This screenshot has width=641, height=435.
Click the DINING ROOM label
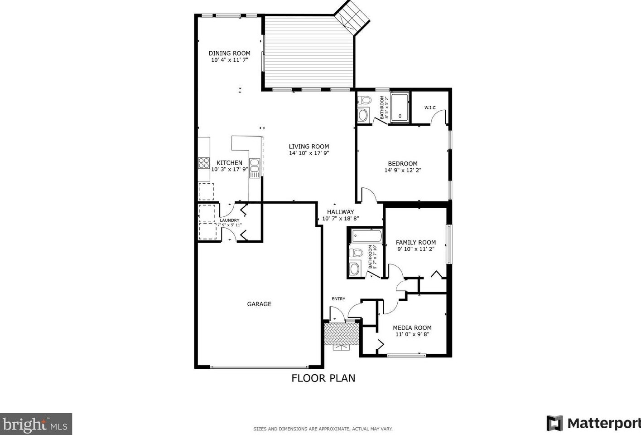(x=229, y=53)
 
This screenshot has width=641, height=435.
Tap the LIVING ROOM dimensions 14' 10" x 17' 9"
(x=309, y=153)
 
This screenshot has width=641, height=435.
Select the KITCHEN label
(x=229, y=163)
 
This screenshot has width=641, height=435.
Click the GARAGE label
(x=259, y=304)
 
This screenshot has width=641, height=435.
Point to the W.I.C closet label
(x=430, y=108)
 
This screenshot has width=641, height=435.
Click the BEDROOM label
(x=403, y=164)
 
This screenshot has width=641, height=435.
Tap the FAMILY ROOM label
(x=416, y=242)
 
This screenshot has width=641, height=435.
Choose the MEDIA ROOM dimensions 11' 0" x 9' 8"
(x=412, y=334)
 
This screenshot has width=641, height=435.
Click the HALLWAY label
(x=340, y=212)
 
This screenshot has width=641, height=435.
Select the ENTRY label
(x=338, y=298)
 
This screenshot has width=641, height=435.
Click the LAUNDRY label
(x=230, y=220)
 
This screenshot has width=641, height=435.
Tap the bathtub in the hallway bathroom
(x=366, y=235)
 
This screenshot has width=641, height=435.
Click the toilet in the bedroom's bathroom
(x=364, y=100)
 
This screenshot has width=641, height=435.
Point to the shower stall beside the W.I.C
(x=400, y=108)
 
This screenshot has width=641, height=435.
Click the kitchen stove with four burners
(x=204, y=163)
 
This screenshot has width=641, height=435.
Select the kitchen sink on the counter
(x=255, y=166)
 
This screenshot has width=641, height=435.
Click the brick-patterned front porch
(x=342, y=334)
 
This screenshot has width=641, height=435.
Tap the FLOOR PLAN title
(x=323, y=378)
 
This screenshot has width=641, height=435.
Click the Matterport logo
(x=593, y=423)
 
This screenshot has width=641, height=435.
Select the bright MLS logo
(x=36, y=425)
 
